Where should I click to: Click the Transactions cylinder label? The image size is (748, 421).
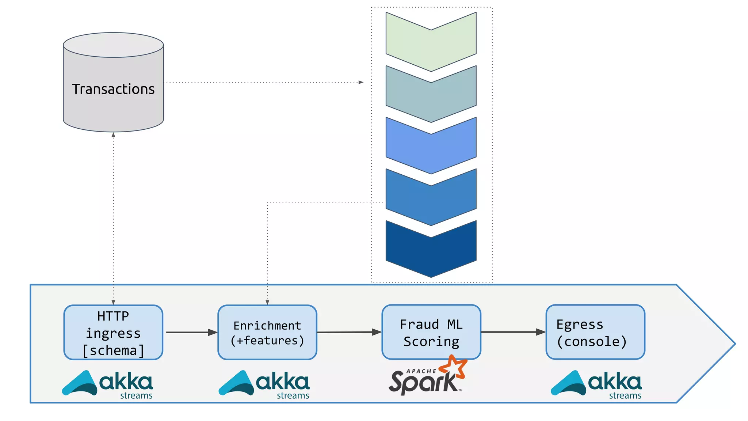(x=113, y=89)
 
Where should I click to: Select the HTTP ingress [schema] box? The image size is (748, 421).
(x=113, y=333)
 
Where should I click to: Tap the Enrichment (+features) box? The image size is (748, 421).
(x=267, y=333)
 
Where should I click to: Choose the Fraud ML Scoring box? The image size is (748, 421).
(x=431, y=332)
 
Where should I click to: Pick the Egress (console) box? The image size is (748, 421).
(x=595, y=332)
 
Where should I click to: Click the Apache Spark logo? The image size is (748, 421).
(x=425, y=378)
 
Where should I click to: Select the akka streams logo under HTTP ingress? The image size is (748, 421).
(x=107, y=384)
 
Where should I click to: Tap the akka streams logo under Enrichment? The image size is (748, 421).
(x=264, y=384)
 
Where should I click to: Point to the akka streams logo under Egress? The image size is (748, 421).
(x=596, y=384)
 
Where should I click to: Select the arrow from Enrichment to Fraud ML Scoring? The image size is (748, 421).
(x=349, y=332)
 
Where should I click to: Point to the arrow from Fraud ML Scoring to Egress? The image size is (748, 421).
(x=513, y=332)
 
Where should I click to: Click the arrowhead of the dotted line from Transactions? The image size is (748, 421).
(x=361, y=82)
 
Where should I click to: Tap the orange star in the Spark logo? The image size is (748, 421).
(x=453, y=367)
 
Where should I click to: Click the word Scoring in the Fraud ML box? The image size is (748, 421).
(x=431, y=341)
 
